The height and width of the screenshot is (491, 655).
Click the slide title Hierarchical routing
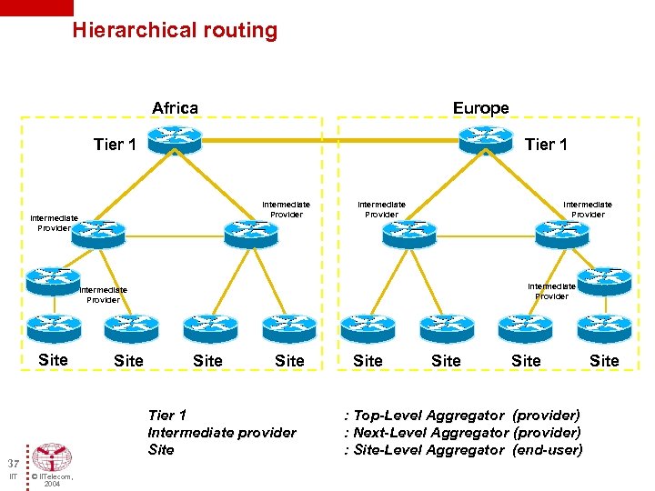[175, 30]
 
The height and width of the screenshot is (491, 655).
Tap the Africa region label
[175, 108]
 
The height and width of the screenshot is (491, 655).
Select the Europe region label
[480, 108]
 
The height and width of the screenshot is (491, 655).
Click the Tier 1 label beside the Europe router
[546, 145]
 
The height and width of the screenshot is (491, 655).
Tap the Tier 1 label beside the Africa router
[115, 145]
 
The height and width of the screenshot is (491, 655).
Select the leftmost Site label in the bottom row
[53, 359]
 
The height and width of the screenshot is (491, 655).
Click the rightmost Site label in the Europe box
[604, 361]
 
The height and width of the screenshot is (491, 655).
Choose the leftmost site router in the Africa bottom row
[54, 326]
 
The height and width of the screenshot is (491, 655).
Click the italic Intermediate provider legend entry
[221, 433]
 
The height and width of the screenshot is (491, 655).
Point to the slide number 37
[7, 463]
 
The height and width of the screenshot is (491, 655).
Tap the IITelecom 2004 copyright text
[52, 479]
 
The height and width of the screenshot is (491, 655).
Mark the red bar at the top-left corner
[36, 7]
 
